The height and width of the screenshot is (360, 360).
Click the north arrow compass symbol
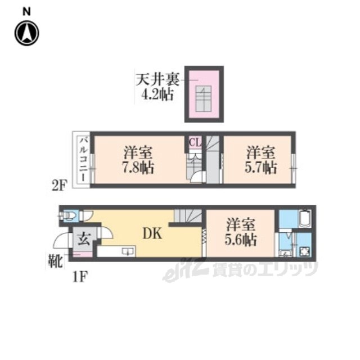tap(27, 33)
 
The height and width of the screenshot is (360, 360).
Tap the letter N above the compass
tap(26, 11)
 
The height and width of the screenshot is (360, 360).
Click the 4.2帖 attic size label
tap(157, 94)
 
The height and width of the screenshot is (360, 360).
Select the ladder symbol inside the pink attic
tap(204, 99)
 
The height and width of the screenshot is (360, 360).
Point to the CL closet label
tap(195, 142)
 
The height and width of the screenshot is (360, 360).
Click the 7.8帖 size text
tap(138, 168)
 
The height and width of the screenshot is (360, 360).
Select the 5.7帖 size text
tap(260, 168)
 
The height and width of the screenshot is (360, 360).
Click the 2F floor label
tap(59, 186)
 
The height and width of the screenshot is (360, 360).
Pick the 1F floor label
tap(80, 277)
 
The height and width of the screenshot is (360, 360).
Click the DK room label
tap(152, 234)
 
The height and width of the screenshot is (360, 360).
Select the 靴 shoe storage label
tap(55, 261)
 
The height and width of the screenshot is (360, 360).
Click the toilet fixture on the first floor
tap(68, 215)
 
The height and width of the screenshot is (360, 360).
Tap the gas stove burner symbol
tap(304, 251)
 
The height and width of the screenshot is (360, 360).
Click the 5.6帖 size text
tap(241, 240)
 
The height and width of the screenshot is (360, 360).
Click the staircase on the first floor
tap(188, 216)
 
